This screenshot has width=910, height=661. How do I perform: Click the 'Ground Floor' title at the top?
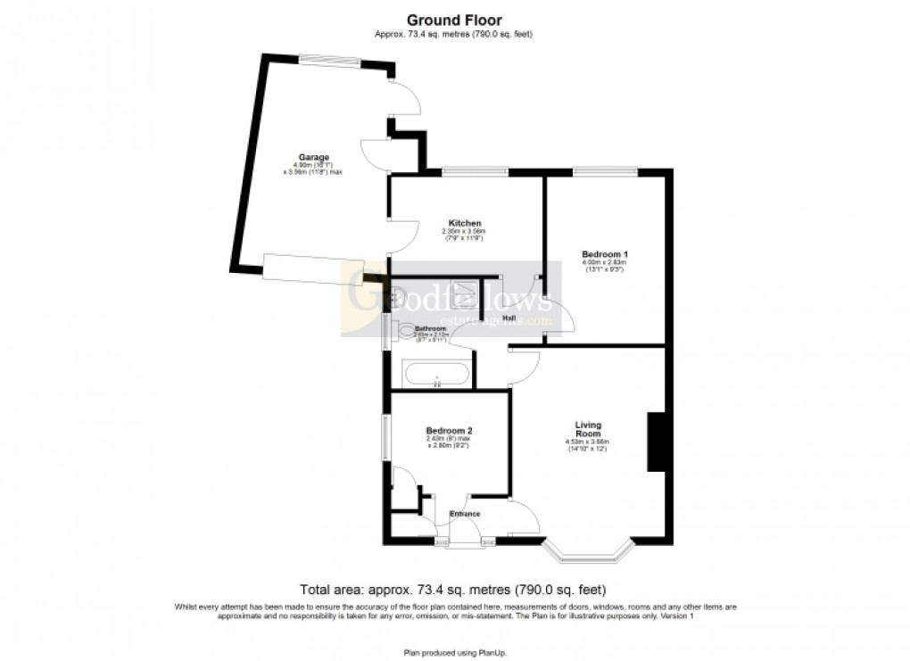click(454, 20)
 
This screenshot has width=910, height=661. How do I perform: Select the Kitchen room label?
click(465, 223)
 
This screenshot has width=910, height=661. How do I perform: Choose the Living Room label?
click(587, 430)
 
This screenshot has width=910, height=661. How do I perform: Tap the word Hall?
click(510, 318)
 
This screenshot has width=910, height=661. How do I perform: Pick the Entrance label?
click(465, 514)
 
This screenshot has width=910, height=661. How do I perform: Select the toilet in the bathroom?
click(407, 332)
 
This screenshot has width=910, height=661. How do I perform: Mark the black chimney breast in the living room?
click(657, 441)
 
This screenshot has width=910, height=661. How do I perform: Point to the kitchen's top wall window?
click(474, 171)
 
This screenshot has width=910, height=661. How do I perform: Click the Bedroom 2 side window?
click(385, 437)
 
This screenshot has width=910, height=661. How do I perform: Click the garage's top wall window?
click(328, 60)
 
